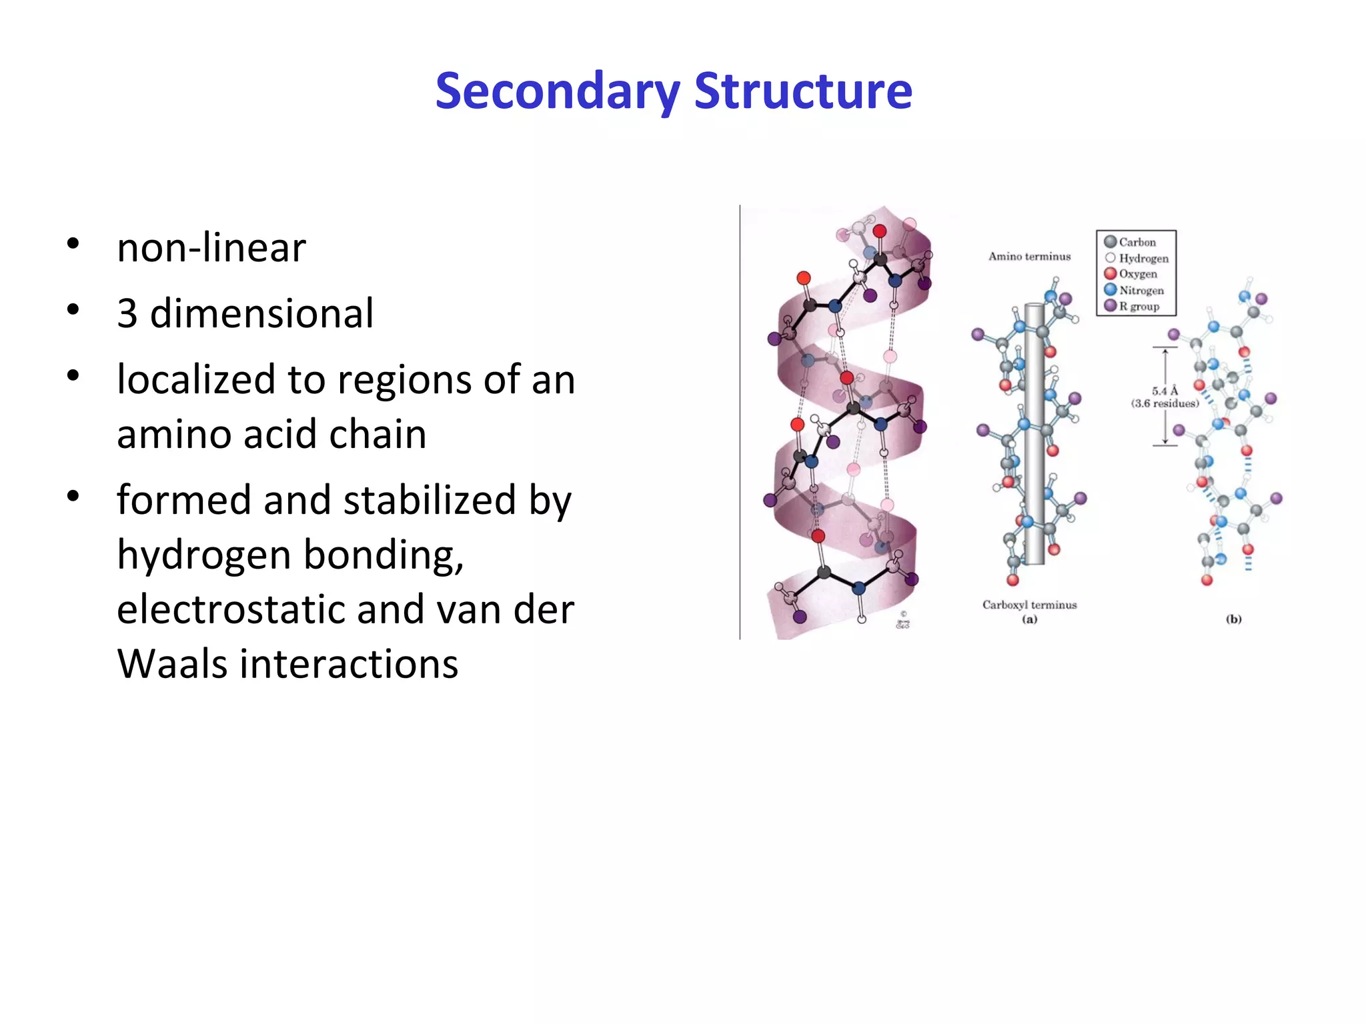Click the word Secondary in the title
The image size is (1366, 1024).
(x=558, y=91)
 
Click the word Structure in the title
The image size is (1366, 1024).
(x=803, y=91)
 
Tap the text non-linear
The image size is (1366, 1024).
(x=211, y=247)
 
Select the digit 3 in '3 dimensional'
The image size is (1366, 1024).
(x=127, y=313)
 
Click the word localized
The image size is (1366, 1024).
(x=195, y=379)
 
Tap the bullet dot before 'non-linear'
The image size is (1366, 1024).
(x=73, y=243)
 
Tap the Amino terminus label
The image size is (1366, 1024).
(x=1029, y=256)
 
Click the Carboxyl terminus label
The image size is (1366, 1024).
(x=1029, y=605)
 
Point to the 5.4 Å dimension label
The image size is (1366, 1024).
(x=1165, y=391)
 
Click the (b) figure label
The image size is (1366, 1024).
(x=1233, y=619)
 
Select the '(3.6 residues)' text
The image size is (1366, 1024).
(x=1165, y=403)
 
